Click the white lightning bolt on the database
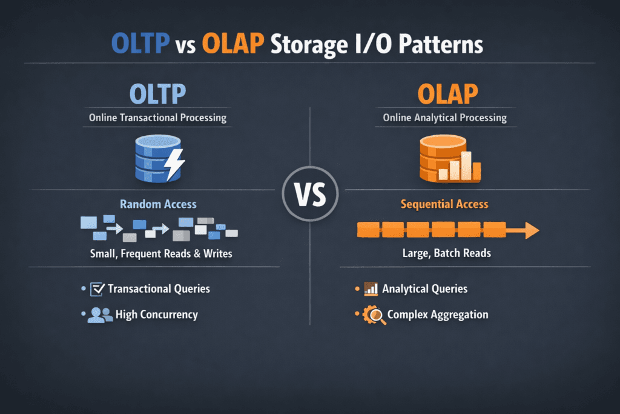[175, 162]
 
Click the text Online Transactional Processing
[157, 118]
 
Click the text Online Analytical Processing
[445, 118]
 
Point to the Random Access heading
[158, 204]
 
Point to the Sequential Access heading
[444, 204]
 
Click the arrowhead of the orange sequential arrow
[532, 230]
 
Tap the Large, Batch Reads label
[446, 253]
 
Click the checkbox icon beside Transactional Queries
[97, 289]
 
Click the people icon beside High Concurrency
[99, 315]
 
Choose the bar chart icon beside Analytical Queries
[371, 289]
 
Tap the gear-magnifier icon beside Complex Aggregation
[374, 315]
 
